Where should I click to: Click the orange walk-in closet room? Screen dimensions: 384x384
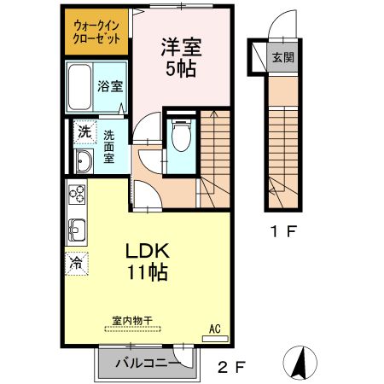point(96,32)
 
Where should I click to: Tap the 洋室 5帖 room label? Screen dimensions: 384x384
point(181,57)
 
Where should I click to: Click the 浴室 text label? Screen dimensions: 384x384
point(111,86)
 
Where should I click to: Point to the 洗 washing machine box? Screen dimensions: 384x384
point(83,131)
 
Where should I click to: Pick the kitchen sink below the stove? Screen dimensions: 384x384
point(76,230)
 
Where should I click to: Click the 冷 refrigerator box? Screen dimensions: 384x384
point(76,263)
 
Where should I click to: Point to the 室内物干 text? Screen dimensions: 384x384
point(131,321)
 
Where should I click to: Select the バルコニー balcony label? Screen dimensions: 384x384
point(141,364)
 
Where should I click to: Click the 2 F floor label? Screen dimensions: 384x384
point(230,368)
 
